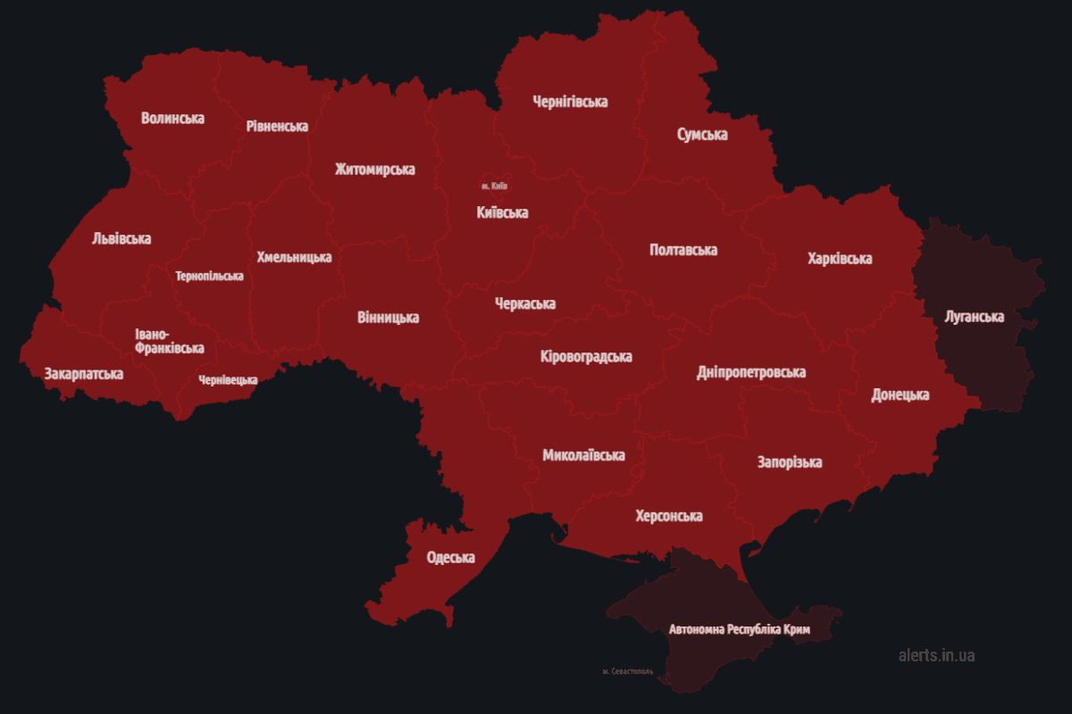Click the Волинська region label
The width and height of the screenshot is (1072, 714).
coord(172,118)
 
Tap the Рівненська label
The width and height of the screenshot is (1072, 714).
coord(277,126)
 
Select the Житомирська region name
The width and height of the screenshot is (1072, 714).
coord(375,169)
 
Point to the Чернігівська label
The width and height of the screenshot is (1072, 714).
coord(570,102)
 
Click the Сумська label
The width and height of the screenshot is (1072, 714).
coord(702,135)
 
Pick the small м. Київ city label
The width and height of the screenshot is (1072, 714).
coord(494,186)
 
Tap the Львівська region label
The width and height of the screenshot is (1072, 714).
coord(121,238)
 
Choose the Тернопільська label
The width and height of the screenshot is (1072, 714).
coord(210,276)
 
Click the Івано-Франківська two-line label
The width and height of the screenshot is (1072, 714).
coord(169,341)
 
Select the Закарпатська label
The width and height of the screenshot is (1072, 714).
coord(84,373)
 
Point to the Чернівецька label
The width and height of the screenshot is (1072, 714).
coord(229,379)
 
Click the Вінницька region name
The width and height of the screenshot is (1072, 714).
coord(388,317)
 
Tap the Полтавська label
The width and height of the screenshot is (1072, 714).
coord(683,250)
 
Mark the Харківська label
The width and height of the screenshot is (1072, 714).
coord(840,259)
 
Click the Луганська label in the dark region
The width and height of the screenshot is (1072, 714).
coord(974,317)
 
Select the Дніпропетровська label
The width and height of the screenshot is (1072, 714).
coord(751,372)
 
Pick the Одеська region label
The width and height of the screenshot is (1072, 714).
coord(451,557)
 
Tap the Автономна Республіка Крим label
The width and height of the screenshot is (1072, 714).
coord(740,629)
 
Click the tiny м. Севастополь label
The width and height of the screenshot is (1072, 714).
coord(629,670)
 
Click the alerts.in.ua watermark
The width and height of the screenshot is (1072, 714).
coord(936,655)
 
